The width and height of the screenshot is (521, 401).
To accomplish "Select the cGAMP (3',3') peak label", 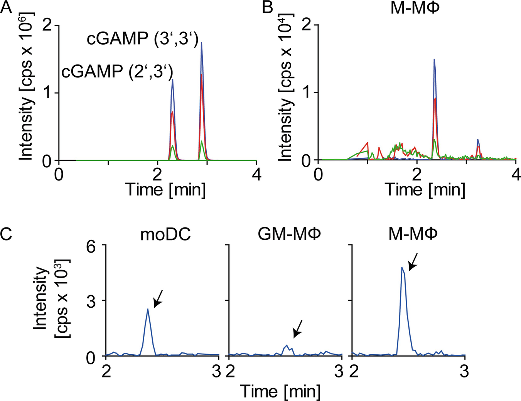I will click(x=142, y=39).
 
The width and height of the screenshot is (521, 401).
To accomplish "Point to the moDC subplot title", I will click(x=165, y=234).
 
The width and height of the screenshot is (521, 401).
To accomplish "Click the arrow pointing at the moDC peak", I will click(x=158, y=299).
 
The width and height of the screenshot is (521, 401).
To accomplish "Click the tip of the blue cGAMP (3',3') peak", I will click(x=202, y=43).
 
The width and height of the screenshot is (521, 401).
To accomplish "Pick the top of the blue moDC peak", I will click(x=148, y=309).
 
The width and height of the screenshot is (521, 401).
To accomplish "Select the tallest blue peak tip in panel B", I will click(x=434, y=60).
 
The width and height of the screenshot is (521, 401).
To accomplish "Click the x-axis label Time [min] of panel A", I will click(x=165, y=190).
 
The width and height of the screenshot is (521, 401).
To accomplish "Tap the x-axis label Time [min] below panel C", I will click(x=280, y=391).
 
